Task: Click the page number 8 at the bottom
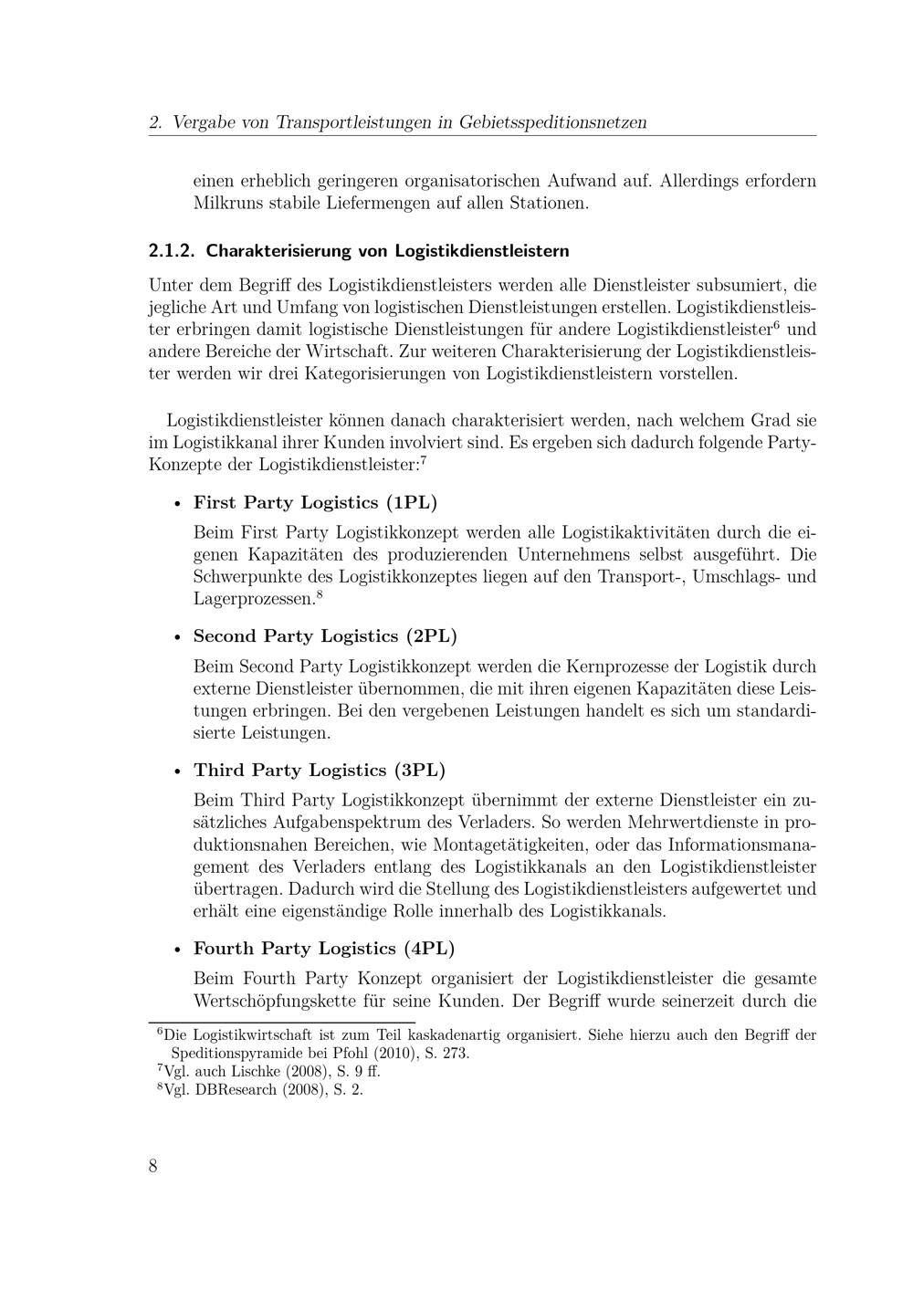tap(152, 1166)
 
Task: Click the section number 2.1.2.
tap(173, 250)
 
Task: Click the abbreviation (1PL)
tap(412, 503)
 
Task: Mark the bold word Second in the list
tap(226, 636)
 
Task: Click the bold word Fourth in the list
tap(224, 949)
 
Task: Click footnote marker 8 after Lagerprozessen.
tap(319, 596)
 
